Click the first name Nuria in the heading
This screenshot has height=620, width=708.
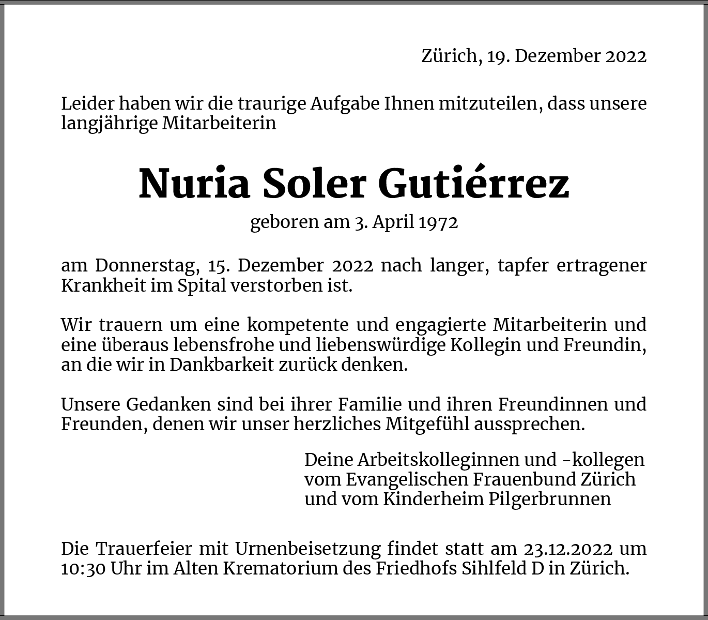pos(194,184)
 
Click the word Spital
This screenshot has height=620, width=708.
pos(202,285)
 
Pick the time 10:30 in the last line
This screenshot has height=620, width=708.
pos(83,568)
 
